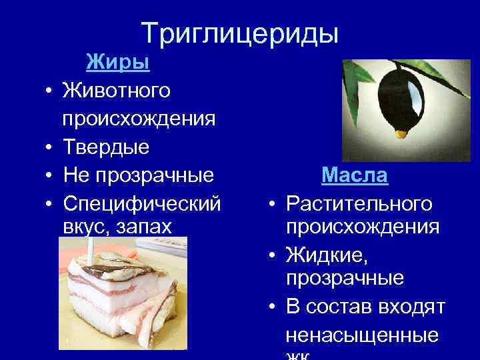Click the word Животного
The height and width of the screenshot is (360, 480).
[x=116, y=89]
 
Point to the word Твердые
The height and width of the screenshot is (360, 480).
[x=106, y=146]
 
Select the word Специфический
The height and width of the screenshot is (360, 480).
[x=141, y=203]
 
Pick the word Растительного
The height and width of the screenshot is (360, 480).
[x=359, y=203]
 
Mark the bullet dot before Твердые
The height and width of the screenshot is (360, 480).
[x=49, y=147]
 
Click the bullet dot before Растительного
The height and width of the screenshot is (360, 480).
[x=273, y=204]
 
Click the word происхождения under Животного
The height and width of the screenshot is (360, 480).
[x=139, y=118]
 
